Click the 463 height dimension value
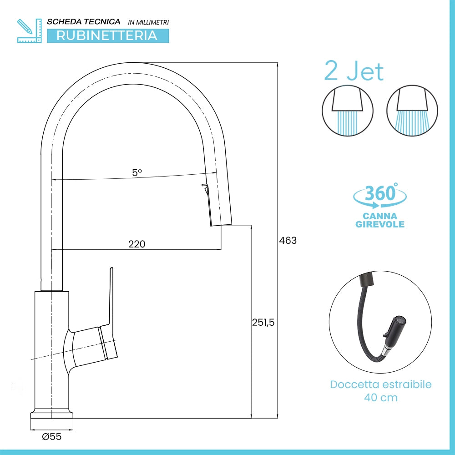288,241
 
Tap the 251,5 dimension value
263,323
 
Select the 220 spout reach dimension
136,244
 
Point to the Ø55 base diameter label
52,437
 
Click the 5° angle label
137,172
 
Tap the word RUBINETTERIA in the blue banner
107,35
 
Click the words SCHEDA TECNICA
84,22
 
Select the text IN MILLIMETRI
148,22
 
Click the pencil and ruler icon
29,31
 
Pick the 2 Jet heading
354,71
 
